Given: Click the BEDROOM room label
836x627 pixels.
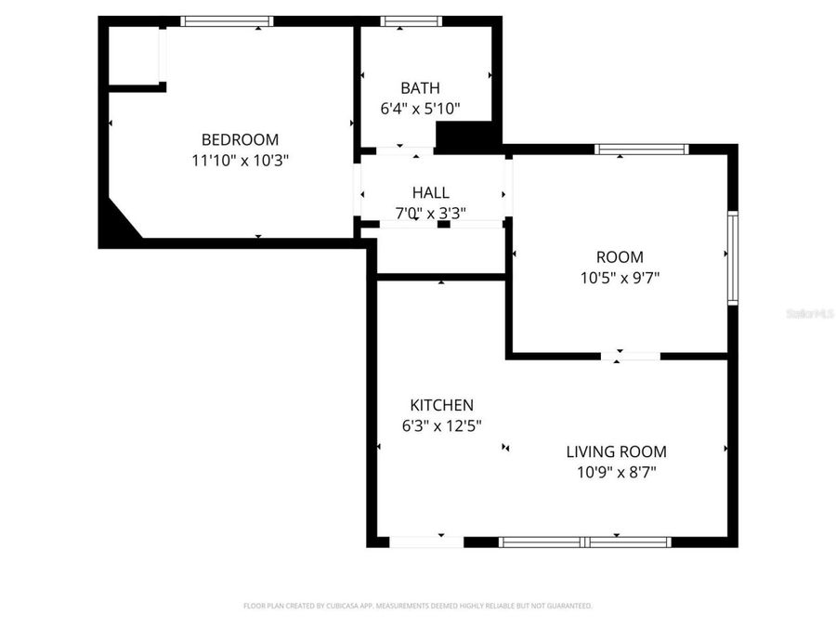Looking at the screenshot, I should tap(240, 139).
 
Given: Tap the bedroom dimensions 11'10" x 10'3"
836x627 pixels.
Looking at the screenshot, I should tap(240, 160).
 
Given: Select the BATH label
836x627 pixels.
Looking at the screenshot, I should tap(420, 88).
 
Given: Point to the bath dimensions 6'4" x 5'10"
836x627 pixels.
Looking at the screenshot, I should tap(420, 109).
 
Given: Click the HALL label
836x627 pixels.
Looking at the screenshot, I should tap(431, 192).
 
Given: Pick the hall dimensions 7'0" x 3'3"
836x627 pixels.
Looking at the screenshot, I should tap(431, 213).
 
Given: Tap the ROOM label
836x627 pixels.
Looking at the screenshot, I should tap(620, 256).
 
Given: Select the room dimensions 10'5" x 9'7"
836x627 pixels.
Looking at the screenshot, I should tap(620, 277).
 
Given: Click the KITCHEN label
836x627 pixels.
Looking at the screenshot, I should tap(442, 405).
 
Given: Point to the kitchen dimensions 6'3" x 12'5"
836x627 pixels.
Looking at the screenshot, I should tap(442, 425).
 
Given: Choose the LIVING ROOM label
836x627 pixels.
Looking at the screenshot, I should tap(617, 451).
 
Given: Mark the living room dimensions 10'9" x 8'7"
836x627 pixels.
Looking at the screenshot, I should tap(617, 472).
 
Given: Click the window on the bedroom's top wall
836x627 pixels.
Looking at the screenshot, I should tap(227, 20).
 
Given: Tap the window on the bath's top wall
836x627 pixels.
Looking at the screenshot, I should tap(411, 20).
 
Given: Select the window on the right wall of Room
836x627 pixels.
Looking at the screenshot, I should tap(732, 257).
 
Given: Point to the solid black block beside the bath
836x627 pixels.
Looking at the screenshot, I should tap(467, 137).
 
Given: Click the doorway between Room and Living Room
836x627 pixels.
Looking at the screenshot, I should tap(631, 356).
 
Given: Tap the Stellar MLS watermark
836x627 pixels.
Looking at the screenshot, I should tap(809, 314).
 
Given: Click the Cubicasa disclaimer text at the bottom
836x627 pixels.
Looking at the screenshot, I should tap(417, 606).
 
